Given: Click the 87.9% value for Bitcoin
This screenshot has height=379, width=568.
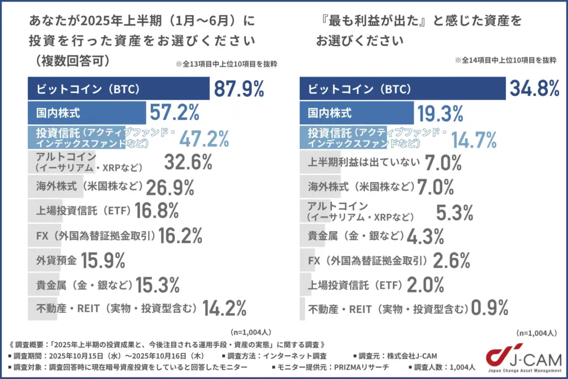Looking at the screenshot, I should (239, 89).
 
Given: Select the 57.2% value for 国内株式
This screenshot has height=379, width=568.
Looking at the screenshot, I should (175, 114).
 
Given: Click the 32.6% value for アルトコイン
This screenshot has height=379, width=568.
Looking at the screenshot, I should (189, 163).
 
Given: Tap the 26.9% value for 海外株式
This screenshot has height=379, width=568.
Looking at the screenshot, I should (170, 188).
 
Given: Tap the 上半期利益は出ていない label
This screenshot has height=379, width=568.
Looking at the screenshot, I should (364, 163).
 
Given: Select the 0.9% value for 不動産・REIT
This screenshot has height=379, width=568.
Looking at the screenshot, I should (489, 308).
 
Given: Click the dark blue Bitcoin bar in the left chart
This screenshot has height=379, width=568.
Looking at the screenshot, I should (119, 89).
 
